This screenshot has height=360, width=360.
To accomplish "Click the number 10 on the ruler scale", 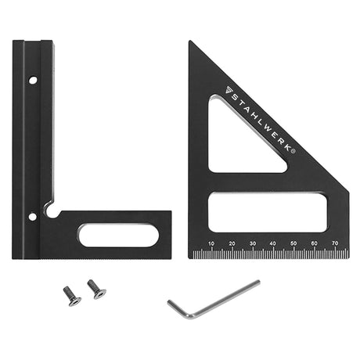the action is click(211, 243).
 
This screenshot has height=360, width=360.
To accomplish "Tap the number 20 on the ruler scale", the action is click(232, 243).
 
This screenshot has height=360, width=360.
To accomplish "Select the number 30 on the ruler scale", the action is click(253, 243).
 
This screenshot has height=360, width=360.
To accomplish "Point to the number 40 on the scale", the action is click(273, 243).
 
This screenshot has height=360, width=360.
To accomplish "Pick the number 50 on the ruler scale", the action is click(293, 243).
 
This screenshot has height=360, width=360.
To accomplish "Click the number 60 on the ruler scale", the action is click(315, 243).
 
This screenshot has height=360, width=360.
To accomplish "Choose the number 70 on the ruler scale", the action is click(335, 243).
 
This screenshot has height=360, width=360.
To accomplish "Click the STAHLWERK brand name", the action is click(261, 121).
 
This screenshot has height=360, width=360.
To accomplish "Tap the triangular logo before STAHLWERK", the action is click(229, 90).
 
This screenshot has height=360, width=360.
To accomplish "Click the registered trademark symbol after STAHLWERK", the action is click(293, 151).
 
